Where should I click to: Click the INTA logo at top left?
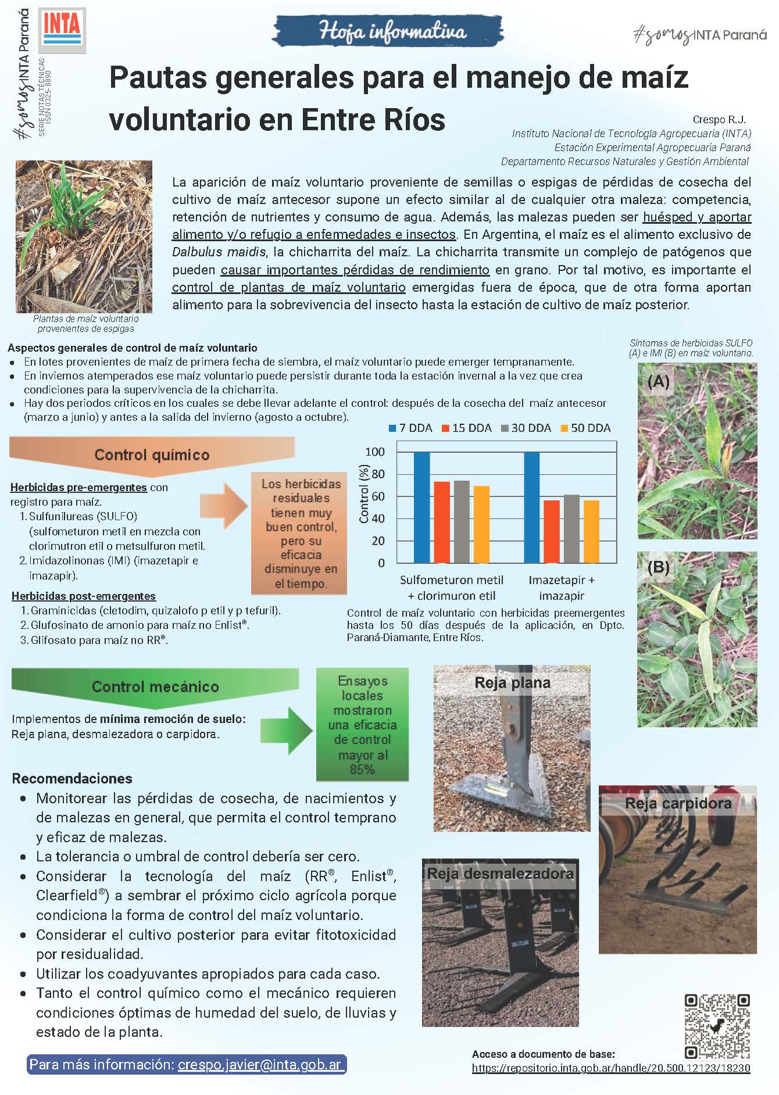[x=62, y=28]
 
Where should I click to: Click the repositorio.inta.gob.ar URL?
[x=610, y=1068]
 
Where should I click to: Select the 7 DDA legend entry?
[x=410, y=428]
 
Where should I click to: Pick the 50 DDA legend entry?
[x=585, y=428]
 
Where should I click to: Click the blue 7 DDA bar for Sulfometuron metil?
[x=421, y=507]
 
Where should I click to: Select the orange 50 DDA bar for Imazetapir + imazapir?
[x=591, y=531]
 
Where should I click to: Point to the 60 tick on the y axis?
[x=378, y=496]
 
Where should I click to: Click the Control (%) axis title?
[x=365, y=493]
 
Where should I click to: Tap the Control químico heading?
[x=152, y=455]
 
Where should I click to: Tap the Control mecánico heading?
[x=155, y=687]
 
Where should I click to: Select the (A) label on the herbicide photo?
[x=658, y=382]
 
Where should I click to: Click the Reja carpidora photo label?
[x=678, y=803]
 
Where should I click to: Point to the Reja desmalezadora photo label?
[x=500, y=873]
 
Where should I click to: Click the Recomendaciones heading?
[x=72, y=778]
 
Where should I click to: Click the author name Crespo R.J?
[x=719, y=120]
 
